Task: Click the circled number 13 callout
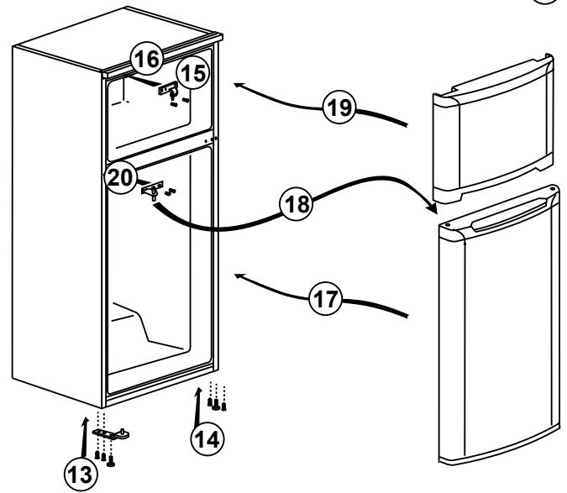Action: [x=81, y=475]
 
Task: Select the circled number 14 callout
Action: [x=207, y=439]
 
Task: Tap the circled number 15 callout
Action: [x=194, y=73]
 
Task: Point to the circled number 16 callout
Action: [x=147, y=59]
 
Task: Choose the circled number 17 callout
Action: [x=325, y=298]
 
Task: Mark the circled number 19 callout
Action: [x=339, y=107]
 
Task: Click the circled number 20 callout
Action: [x=120, y=177]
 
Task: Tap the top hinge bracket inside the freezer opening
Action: [x=169, y=89]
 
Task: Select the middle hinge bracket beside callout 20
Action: [x=152, y=189]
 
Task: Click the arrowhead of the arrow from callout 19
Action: [x=239, y=86]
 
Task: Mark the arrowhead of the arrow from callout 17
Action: [x=239, y=276]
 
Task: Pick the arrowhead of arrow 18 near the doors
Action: [x=432, y=208]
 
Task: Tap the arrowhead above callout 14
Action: [x=198, y=391]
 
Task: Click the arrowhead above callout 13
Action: [x=86, y=420]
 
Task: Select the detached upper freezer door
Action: [x=493, y=128]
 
